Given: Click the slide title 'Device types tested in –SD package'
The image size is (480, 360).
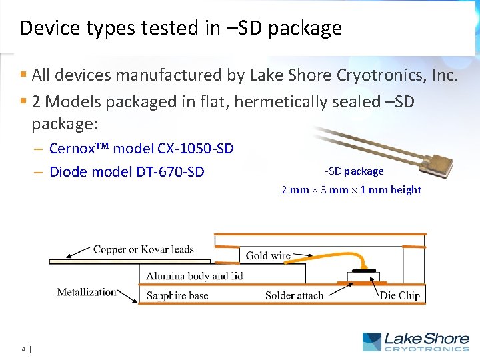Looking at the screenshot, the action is (x=181, y=28).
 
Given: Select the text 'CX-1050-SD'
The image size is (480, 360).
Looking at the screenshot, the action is (x=196, y=148).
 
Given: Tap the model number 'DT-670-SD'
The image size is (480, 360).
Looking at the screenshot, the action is (x=170, y=172).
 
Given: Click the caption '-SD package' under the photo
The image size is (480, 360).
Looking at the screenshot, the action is (x=354, y=171).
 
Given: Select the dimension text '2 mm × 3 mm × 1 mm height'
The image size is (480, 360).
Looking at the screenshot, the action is (x=351, y=190).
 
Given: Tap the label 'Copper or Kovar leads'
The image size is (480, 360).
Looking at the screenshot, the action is (x=143, y=250).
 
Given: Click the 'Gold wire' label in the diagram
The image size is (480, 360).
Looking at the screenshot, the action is (x=268, y=255).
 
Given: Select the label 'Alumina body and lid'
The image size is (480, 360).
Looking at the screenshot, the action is (x=195, y=275).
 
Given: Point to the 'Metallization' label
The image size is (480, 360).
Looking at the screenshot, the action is (x=86, y=292).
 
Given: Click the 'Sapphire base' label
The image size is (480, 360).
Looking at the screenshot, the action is (x=177, y=295).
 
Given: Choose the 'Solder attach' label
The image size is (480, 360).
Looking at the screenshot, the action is (x=294, y=295).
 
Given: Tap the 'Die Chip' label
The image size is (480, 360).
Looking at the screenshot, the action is (x=399, y=295).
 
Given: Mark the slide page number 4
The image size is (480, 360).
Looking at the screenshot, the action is (x=23, y=348).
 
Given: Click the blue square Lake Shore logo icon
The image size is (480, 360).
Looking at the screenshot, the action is (x=371, y=342).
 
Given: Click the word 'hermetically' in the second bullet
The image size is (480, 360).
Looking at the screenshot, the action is (x=262, y=102).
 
